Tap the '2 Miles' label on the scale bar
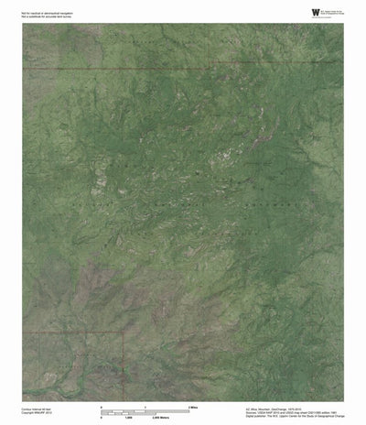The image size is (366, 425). click(194, 405)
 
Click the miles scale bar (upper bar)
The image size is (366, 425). click(145, 409)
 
